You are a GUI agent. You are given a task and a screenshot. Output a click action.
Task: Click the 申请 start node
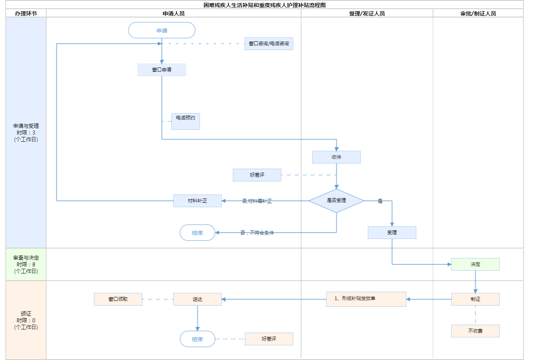pos(162,31)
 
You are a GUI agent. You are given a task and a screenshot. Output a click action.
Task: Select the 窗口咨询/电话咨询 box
pos(269,44)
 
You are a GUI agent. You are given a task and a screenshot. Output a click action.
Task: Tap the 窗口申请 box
pos(162,70)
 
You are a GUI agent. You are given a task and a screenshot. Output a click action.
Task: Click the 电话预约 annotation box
pos(185,121)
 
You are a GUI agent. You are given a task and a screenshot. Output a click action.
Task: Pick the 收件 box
pos(336,157)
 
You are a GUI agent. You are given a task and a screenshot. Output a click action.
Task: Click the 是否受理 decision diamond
pos(336,201)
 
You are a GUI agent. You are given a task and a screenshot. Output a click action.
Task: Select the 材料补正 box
pos(197,201)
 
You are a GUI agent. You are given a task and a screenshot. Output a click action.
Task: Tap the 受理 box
pos(392,233)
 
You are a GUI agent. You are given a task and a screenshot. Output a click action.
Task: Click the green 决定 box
pos(475,264)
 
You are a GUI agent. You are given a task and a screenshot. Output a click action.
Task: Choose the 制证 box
pos(475,299)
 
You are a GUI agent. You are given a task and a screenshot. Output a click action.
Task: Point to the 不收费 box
pos(475,331)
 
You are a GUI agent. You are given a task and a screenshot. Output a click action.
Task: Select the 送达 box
pos(197,299)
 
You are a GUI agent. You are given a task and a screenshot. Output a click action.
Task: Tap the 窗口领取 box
pos(118,299)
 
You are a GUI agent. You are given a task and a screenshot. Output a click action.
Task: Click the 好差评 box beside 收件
pos(257,175)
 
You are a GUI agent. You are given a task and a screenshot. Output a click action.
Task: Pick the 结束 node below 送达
pos(197,339)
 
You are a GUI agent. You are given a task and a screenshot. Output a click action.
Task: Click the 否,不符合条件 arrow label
pos(257,233)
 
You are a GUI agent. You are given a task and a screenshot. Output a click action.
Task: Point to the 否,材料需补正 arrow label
pos(257,201)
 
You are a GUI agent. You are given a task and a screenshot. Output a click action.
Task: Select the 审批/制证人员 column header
pos(478,13)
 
